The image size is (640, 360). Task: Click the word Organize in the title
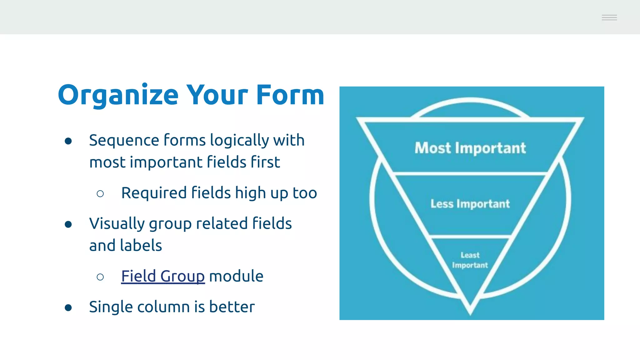point(118,96)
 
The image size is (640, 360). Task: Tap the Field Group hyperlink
point(163,276)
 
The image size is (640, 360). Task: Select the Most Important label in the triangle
point(470,148)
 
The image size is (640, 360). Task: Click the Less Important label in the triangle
point(470,204)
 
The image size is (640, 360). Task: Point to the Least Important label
point(470,260)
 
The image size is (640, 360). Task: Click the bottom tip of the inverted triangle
point(470,312)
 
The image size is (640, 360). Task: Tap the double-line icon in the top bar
point(609,17)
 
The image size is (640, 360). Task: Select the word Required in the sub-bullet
point(154,193)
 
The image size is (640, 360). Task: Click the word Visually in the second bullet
point(116,224)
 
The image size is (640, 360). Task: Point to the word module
point(236,276)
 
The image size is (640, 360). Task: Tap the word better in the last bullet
point(232,307)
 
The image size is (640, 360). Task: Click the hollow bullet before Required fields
point(100,194)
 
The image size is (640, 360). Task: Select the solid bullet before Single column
point(68,308)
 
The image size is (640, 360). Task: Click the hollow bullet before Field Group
point(100,277)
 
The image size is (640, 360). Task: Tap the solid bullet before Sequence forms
point(68,141)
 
